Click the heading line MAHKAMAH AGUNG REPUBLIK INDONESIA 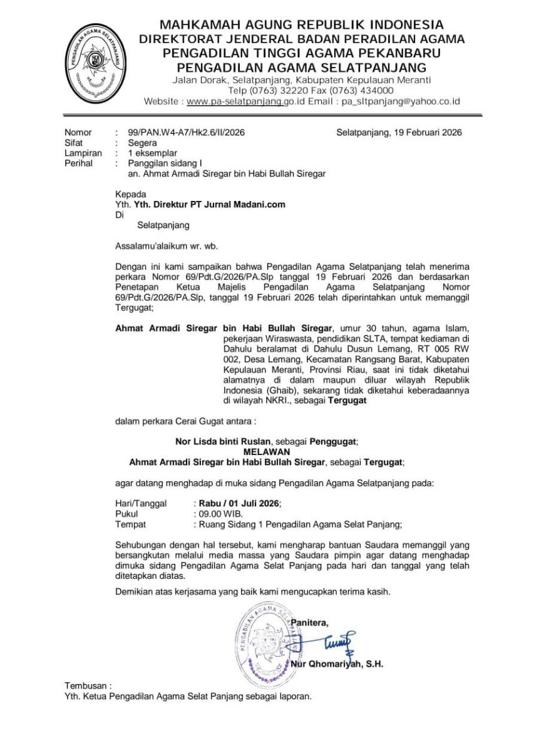[x=302, y=25]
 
